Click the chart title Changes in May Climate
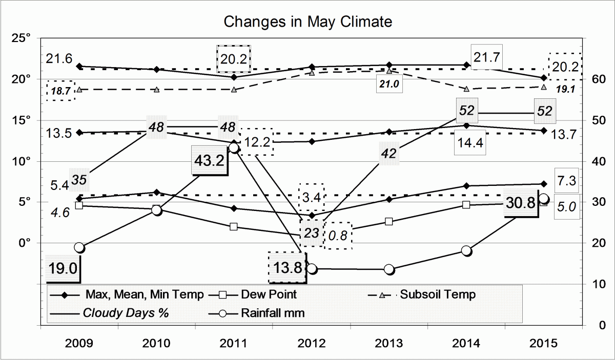click(x=307, y=22)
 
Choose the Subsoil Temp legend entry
click(x=438, y=294)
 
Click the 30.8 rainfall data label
click(x=520, y=202)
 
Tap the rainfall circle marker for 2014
click(x=466, y=250)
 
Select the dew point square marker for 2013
click(x=389, y=222)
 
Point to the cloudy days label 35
click(x=78, y=179)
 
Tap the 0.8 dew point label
click(x=338, y=236)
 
